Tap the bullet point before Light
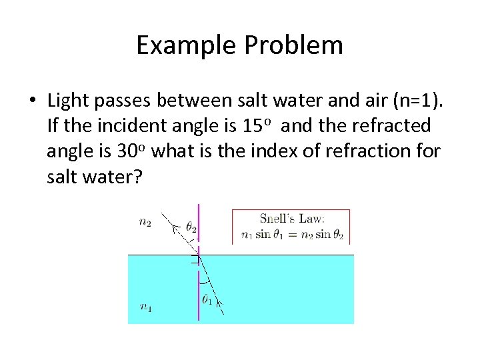[x=33, y=101]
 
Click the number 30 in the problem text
[x=127, y=151]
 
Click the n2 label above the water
[x=145, y=223]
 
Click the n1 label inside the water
[x=145, y=307]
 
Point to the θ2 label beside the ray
[x=191, y=227]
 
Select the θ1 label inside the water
[x=207, y=301]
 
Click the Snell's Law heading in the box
[x=291, y=218]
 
